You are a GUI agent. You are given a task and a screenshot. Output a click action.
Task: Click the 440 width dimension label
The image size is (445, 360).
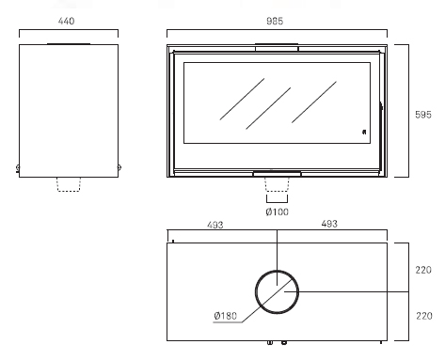point(66,21)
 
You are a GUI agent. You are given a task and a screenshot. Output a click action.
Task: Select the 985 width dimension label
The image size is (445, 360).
point(275,21)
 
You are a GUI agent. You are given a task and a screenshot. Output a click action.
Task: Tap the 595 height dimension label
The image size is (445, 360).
point(423,115)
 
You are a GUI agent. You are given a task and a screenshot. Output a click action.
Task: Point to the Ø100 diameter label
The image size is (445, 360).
point(277,212)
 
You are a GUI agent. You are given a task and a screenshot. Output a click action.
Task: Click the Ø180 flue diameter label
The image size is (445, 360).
point(226,316)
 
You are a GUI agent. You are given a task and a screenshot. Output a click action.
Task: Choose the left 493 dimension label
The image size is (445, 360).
point(215,225)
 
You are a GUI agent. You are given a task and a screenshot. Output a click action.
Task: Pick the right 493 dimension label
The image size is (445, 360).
point(329,224)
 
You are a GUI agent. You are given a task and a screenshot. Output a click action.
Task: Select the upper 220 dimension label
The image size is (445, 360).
point(423,270)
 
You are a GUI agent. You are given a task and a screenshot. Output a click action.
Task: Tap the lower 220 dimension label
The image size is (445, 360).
point(424,316)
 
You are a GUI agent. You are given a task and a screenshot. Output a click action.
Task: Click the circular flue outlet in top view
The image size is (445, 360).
point(277,272)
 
